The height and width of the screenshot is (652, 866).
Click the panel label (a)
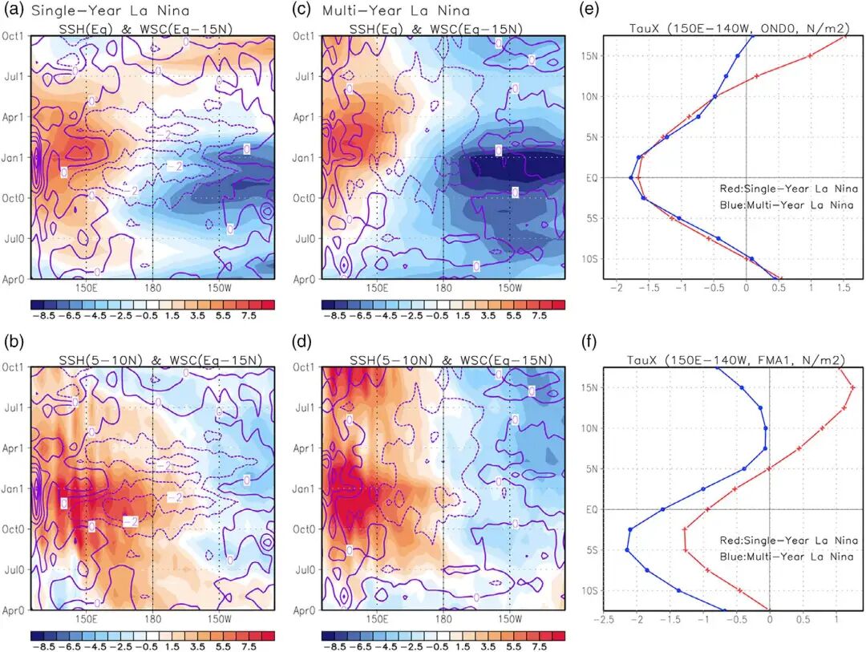click(14, 11)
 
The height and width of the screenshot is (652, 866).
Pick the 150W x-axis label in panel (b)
click(220, 619)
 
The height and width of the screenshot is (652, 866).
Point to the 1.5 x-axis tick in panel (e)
click(844, 287)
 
